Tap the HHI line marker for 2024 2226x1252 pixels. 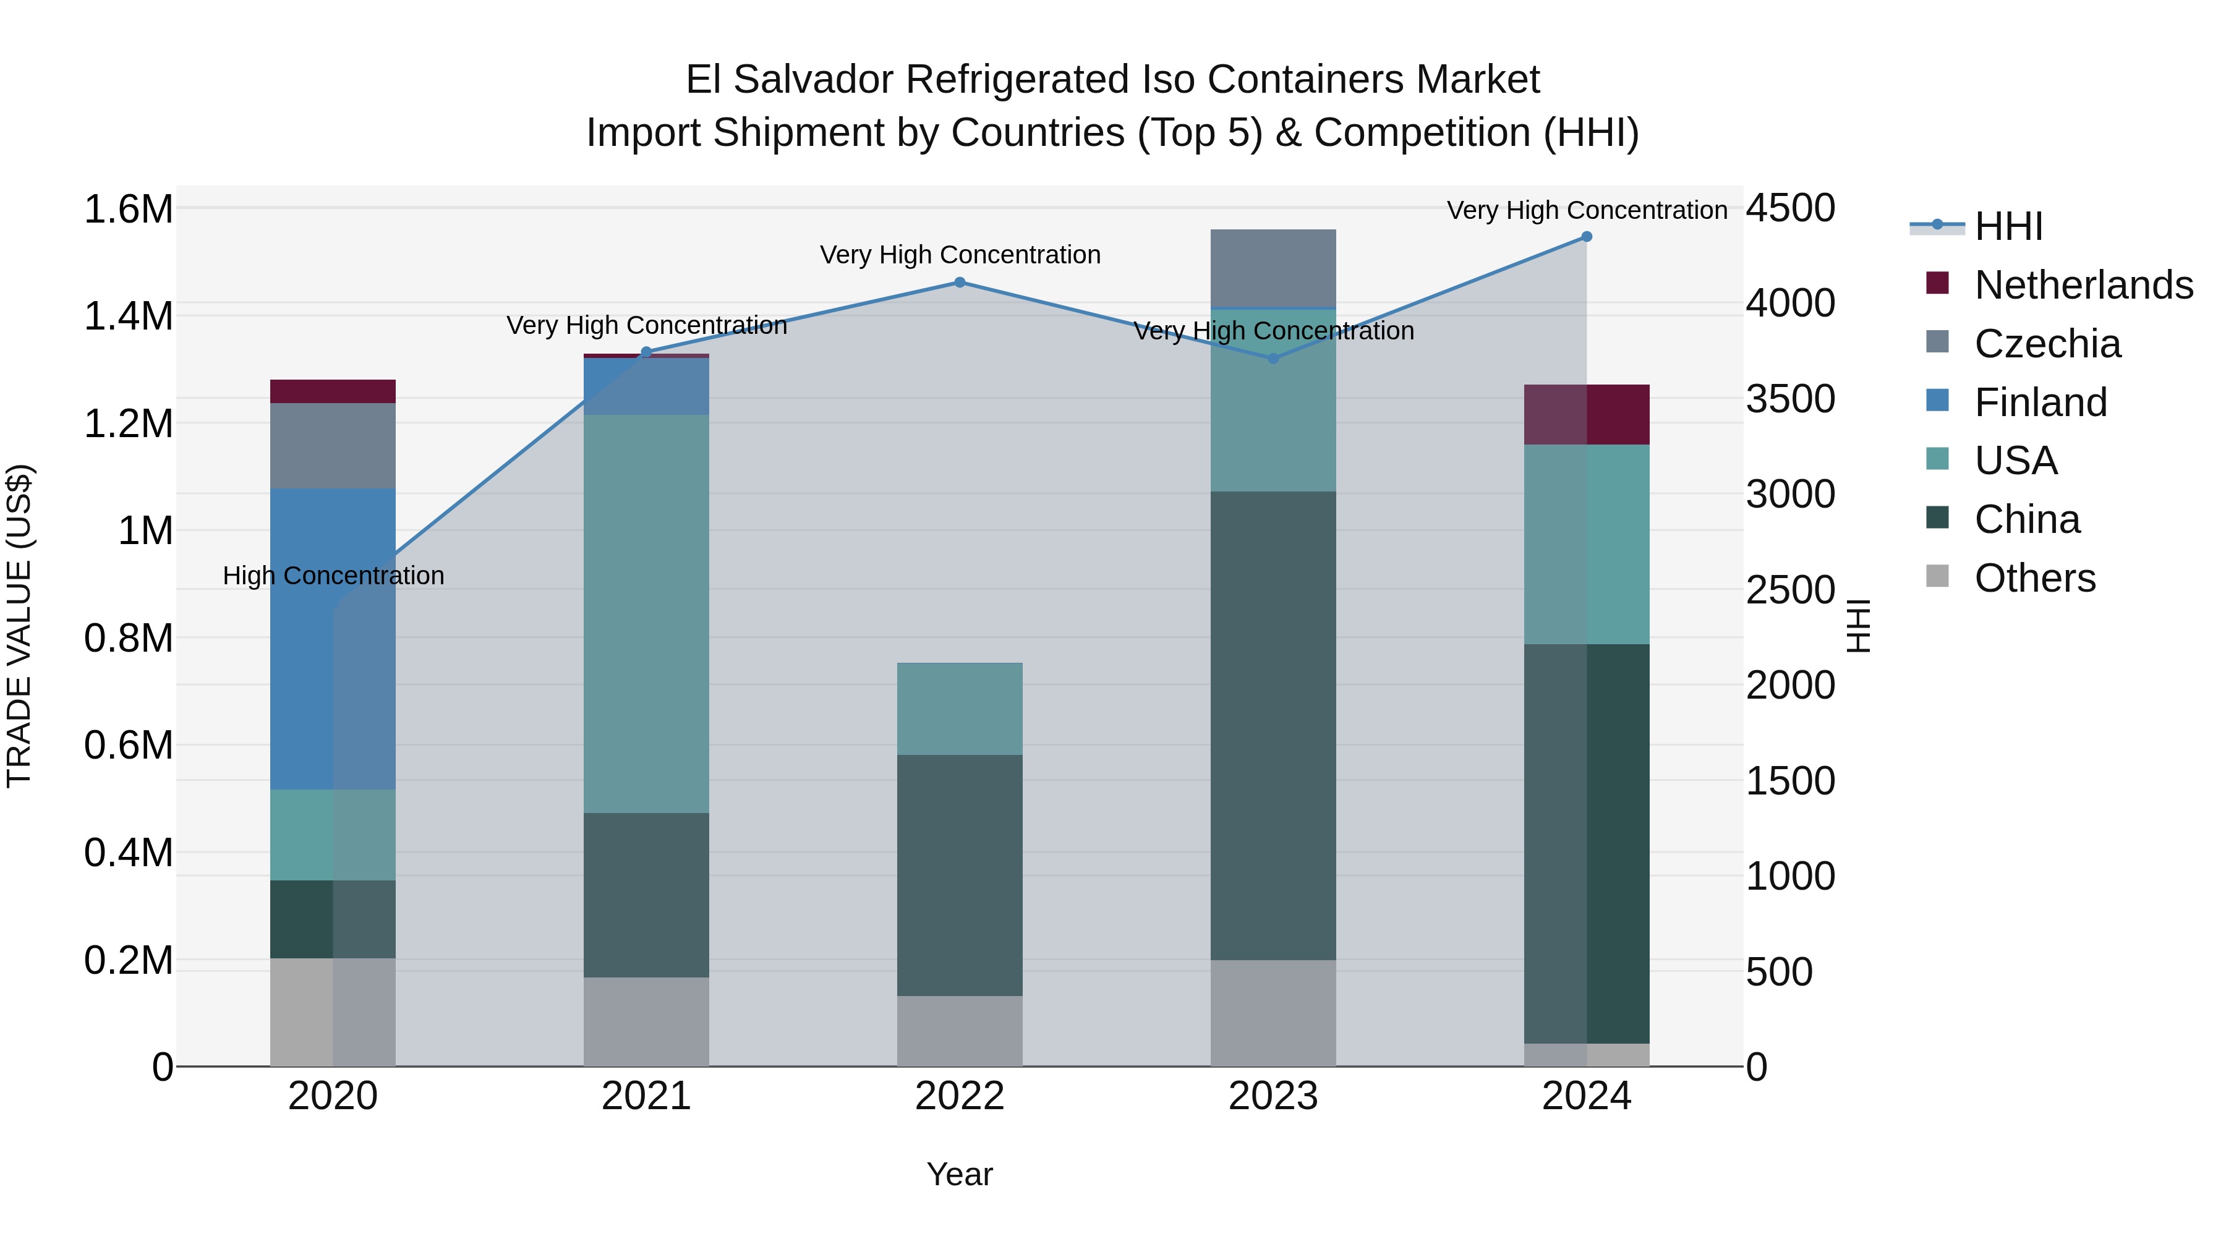(x=1587, y=237)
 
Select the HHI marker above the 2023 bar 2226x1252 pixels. (x=1273, y=358)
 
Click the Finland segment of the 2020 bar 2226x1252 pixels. (x=333, y=639)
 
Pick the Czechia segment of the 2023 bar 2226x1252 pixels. (x=1273, y=268)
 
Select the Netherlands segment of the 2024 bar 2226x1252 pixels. (x=1587, y=415)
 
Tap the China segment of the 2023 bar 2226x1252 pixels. (x=1273, y=726)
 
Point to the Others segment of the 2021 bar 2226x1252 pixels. (x=646, y=1021)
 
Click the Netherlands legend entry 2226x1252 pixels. (x=2083, y=285)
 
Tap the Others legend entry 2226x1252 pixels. (x=2034, y=578)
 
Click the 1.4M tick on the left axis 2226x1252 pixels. (x=128, y=316)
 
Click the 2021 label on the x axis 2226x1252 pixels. (x=646, y=1096)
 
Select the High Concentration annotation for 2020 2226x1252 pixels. (x=333, y=576)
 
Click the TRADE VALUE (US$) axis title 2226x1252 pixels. (x=19, y=626)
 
